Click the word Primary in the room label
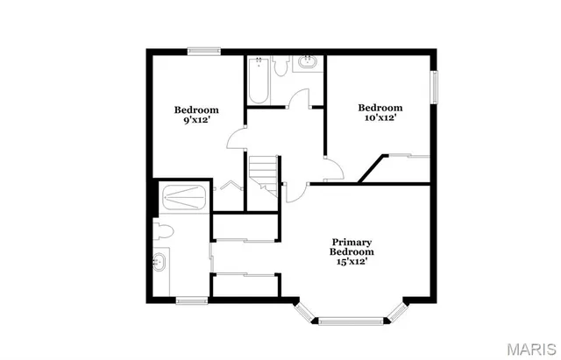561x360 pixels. coord(352,242)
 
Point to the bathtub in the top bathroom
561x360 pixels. coord(257,81)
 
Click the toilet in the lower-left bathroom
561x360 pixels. coord(162,230)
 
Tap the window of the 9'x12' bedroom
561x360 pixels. coord(203,51)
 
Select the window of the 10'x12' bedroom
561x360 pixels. coord(432,89)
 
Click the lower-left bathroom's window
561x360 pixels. coord(190,300)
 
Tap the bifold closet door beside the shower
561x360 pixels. coord(230,186)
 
